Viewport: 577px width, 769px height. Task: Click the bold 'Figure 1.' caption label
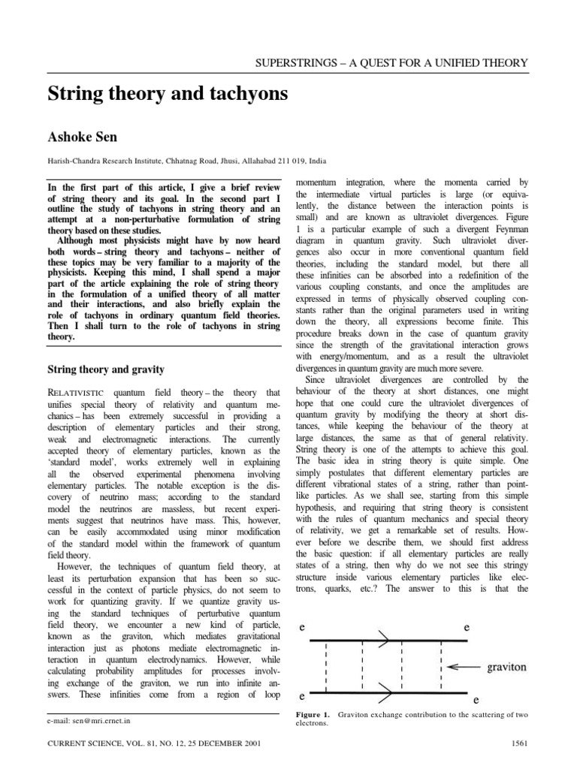314,712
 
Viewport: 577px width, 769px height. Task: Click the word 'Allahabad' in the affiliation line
245,160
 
